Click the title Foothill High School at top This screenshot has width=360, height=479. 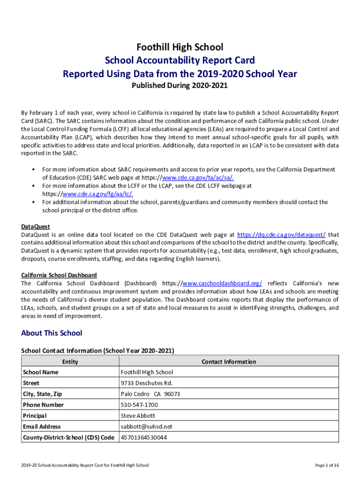(x=180, y=47)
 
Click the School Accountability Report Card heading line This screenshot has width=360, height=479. (x=180, y=60)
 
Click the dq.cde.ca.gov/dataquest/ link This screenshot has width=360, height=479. (x=281, y=234)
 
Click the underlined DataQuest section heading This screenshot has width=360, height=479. (x=36, y=226)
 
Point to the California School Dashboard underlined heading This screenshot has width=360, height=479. (x=59, y=275)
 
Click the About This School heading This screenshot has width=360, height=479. (x=51, y=333)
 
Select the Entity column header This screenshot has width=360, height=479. (x=70, y=362)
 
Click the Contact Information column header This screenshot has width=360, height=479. (x=229, y=362)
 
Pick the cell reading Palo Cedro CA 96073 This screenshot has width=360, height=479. (x=150, y=394)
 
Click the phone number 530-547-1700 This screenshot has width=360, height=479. (x=139, y=405)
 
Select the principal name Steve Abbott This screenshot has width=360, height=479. (x=137, y=415)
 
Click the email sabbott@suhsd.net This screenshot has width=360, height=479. (x=146, y=426)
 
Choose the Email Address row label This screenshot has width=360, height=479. (x=42, y=426)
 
